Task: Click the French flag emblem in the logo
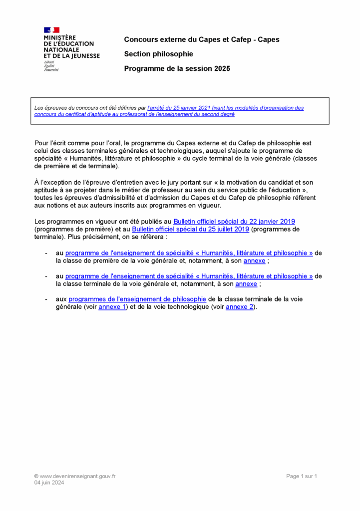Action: point(52,30)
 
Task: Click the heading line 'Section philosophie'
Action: point(158,54)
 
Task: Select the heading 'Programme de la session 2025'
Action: point(177,69)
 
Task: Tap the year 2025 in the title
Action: point(222,69)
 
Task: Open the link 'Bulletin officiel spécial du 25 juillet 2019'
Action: point(190,229)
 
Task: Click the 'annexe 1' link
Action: point(112,307)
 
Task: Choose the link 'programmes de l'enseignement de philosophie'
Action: point(137,299)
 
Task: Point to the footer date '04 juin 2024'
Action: point(49,483)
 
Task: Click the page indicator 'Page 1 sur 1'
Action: point(302,476)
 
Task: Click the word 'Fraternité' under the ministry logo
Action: point(51,70)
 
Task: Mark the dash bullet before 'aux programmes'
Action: point(46,299)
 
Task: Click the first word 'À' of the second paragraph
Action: point(37,182)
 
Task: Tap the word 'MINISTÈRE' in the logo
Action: point(60,37)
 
